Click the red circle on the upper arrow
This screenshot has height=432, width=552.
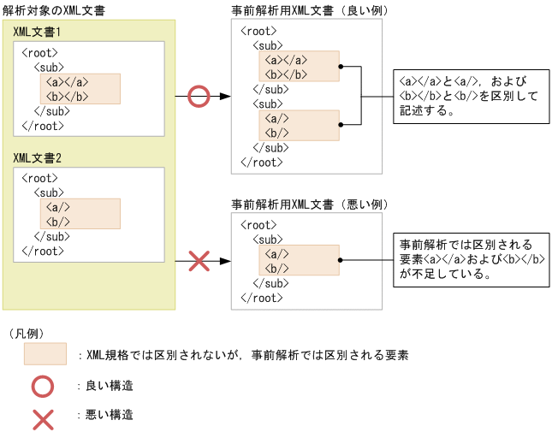[x=199, y=97]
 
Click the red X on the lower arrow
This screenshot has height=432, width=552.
[x=199, y=261]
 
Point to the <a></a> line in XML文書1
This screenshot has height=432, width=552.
[x=68, y=82]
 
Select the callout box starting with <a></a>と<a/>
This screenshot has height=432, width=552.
[x=469, y=97]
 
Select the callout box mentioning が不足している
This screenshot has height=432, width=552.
[x=469, y=259]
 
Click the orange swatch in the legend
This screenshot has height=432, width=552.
[x=45, y=354]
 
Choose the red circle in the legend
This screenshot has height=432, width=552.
[x=44, y=386]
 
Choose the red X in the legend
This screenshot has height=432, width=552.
[x=44, y=417]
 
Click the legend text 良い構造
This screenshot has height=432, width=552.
[x=110, y=386]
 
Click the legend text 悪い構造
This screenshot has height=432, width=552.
[x=110, y=416]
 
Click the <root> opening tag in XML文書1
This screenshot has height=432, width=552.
[x=40, y=53]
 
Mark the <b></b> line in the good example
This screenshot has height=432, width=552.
[x=287, y=74]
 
